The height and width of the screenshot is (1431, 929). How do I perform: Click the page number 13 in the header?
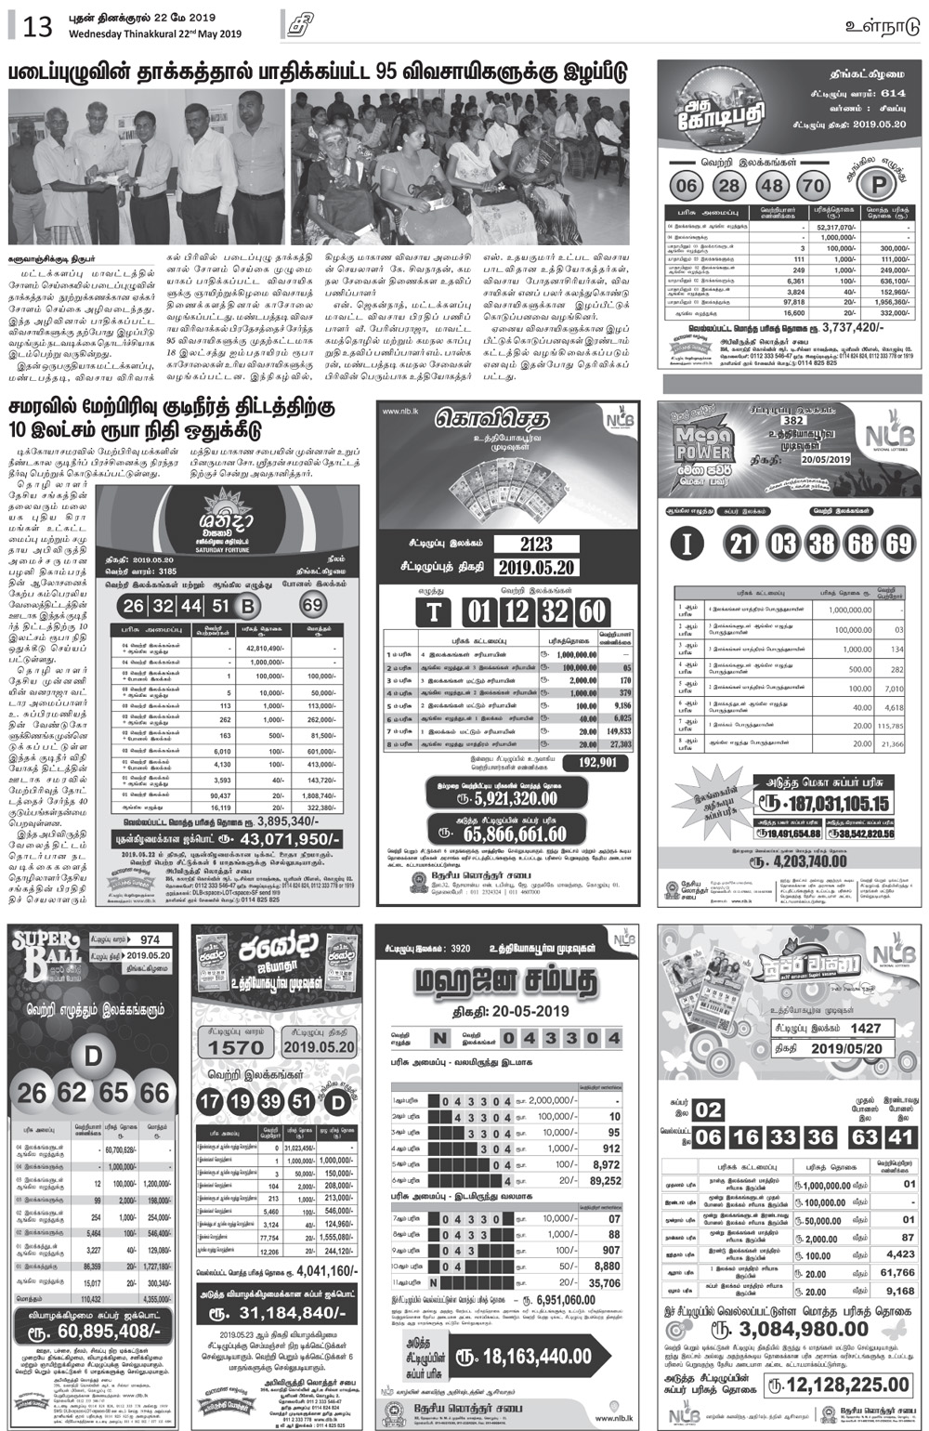(37, 25)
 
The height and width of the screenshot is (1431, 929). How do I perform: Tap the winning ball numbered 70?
(813, 185)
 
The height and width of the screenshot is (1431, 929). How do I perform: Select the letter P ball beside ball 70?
(876, 184)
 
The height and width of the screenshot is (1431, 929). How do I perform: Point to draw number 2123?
(536, 545)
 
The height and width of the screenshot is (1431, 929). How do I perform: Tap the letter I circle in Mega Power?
(687, 543)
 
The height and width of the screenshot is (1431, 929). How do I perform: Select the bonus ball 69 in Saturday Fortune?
(313, 606)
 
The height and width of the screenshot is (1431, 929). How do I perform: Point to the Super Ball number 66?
(154, 1093)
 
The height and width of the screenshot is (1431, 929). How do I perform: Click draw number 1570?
(235, 1047)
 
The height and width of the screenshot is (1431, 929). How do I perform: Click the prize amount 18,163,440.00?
(537, 1357)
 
